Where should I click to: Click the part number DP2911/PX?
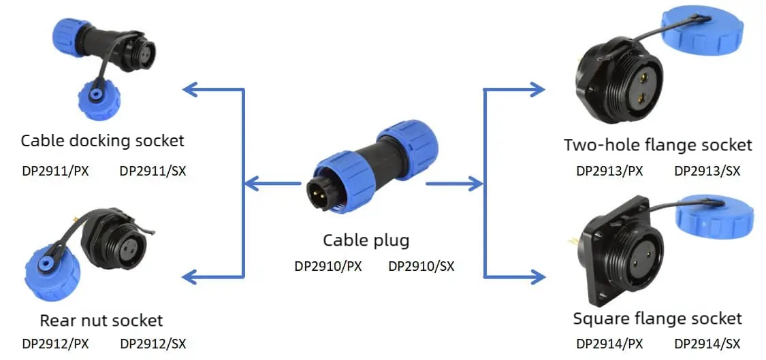55,171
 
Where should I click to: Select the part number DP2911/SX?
153,171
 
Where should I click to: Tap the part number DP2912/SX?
153,344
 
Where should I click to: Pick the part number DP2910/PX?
328,266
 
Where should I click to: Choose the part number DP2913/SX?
707,171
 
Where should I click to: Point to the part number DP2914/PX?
609,344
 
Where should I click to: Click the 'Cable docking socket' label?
103,141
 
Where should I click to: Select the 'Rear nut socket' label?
101,321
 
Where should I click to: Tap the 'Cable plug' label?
366,240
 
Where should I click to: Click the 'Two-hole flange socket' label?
658,145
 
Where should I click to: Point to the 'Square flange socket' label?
658,319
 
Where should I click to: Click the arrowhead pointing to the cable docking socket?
190,89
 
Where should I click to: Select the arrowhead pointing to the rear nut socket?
190,278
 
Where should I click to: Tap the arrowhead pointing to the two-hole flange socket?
537,89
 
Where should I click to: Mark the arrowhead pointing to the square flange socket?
537,278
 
